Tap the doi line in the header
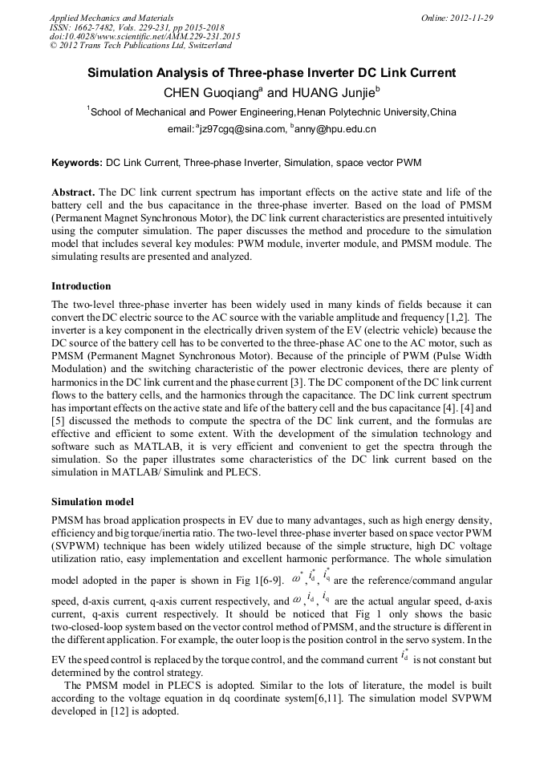pyautogui.click(x=144, y=37)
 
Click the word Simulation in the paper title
pyautogui.click(x=123, y=73)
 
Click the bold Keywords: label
pyautogui.click(x=77, y=163)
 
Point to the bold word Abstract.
pyautogui.click(x=74, y=193)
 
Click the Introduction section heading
pyautogui.click(x=81, y=286)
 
